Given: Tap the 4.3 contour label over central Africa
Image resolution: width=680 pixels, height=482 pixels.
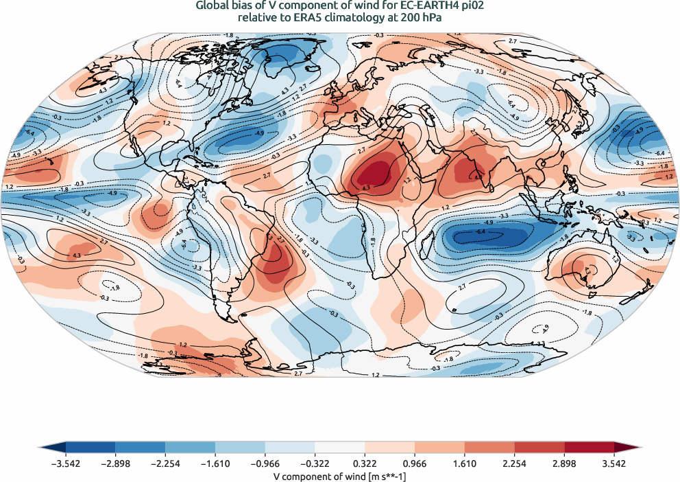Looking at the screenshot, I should (366, 186).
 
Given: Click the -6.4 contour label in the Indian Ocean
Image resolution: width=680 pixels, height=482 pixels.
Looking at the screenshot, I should (481, 232).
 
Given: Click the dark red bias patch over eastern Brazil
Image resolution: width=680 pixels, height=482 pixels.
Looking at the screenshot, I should (278, 262).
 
